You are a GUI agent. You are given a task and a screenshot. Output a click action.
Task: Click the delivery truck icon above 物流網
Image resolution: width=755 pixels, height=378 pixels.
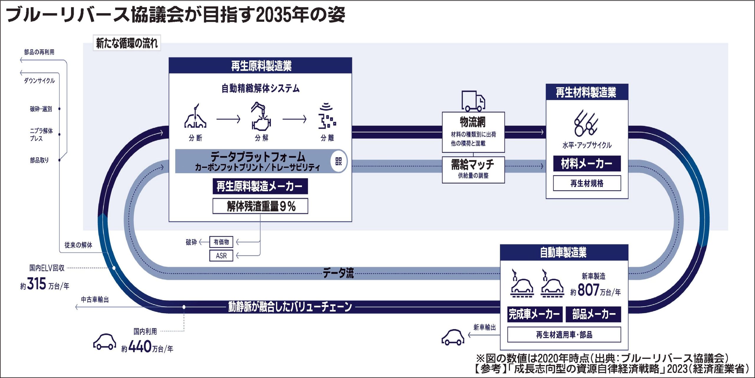click(x=473, y=101)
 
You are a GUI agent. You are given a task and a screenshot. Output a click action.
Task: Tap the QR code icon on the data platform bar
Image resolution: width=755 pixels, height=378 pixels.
click(x=338, y=161)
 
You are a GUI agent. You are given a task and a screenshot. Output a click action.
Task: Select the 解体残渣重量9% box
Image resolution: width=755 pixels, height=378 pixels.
click(x=260, y=206)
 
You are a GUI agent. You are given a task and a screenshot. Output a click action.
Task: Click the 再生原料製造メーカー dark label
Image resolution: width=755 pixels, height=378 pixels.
click(x=260, y=186)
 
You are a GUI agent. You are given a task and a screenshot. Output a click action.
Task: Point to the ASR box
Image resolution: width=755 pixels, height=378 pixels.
click(x=221, y=256)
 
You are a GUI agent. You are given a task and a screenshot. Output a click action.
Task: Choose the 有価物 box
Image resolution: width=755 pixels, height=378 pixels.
click(x=221, y=242)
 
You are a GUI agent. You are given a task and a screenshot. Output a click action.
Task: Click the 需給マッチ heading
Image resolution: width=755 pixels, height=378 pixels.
click(x=473, y=165)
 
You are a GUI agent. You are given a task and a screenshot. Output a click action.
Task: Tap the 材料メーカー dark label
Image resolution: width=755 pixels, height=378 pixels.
click(x=587, y=164)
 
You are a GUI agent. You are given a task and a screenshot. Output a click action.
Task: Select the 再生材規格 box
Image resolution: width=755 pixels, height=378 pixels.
click(x=587, y=183)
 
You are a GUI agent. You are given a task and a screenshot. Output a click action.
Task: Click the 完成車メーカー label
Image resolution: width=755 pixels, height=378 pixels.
click(x=534, y=314)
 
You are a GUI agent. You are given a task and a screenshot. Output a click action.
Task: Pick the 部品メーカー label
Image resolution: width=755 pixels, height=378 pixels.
click(x=593, y=314)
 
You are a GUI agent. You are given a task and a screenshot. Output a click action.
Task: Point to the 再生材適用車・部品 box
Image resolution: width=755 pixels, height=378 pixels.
click(x=564, y=335)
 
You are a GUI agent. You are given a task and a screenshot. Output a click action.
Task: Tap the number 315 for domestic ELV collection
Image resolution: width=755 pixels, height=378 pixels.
click(x=37, y=284)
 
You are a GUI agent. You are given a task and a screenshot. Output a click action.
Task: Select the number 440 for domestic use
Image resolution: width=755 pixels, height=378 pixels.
click(x=140, y=347)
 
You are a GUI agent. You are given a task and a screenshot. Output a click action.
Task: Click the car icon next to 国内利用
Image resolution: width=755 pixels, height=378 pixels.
click(x=104, y=342)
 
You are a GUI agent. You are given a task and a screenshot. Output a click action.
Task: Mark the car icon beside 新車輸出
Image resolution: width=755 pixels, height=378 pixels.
click(x=453, y=337)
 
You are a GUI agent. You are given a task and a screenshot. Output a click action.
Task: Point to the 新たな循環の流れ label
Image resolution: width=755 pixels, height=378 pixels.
click(x=127, y=43)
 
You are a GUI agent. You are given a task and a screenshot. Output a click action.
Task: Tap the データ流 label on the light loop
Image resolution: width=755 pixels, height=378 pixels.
click(x=338, y=273)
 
